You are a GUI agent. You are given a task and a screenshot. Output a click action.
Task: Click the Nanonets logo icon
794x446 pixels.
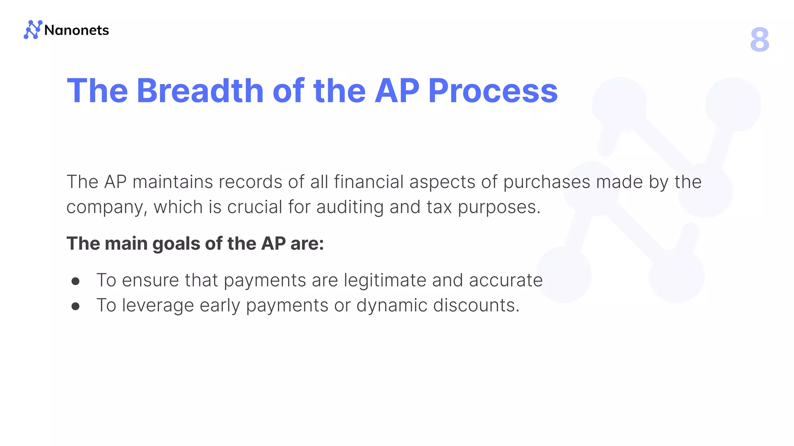click(33, 30)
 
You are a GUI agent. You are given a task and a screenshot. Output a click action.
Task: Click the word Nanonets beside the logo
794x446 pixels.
click(77, 30)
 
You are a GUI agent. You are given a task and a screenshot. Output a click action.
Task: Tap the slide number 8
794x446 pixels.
click(759, 39)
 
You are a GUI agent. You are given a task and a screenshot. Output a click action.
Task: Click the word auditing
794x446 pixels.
click(350, 207)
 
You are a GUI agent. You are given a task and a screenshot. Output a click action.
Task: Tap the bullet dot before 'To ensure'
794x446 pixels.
click(76, 281)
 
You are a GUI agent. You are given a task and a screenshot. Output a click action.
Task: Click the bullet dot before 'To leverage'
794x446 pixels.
click(76, 307)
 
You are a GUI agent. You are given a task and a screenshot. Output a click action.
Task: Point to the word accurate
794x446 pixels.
click(506, 280)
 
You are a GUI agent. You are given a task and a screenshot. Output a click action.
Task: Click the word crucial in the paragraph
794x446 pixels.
click(254, 207)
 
